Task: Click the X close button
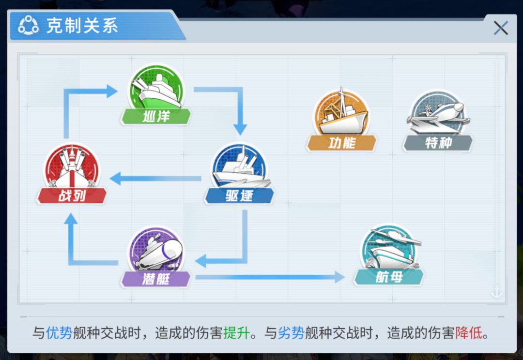pos(501,28)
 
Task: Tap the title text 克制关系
pos(82,25)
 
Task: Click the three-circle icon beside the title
pos(29,25)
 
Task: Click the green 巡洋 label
pos(156,117)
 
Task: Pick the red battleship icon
pos(72,166)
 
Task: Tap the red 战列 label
pos(72,195)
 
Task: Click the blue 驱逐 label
pos(239,195)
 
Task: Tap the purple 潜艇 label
pos(156,279)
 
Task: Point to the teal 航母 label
pos(388,277)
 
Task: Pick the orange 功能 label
pos(341,143)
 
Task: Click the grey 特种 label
pos(438,143)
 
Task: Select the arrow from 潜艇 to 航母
pos(270,277)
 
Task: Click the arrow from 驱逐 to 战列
pos(155,179)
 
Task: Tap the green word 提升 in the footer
pos(236,333)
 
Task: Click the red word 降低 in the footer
pos(469,333)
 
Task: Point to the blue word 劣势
pos(291,333)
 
